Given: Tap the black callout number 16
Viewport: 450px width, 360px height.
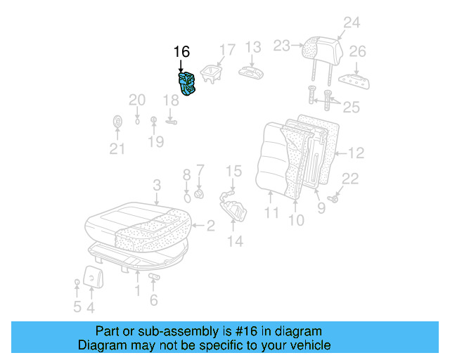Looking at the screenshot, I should (181, 52).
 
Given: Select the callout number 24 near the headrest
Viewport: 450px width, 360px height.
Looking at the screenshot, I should (351, 22).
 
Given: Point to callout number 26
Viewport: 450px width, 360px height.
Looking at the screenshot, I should (357, 51).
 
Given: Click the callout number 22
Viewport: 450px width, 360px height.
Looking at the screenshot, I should (349, 179).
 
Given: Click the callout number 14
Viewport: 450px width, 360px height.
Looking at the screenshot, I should (234, 241).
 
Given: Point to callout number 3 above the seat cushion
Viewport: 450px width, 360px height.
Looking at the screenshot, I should (157, 185).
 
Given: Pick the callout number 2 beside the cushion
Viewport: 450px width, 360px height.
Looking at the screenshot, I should (210, 225).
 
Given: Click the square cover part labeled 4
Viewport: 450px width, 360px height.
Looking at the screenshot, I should (92, 276).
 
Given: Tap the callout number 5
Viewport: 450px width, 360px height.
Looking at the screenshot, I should (77, 307).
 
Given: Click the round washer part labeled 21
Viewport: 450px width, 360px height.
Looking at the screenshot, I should (117, 122).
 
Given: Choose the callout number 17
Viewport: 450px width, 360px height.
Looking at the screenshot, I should (226, 50).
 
